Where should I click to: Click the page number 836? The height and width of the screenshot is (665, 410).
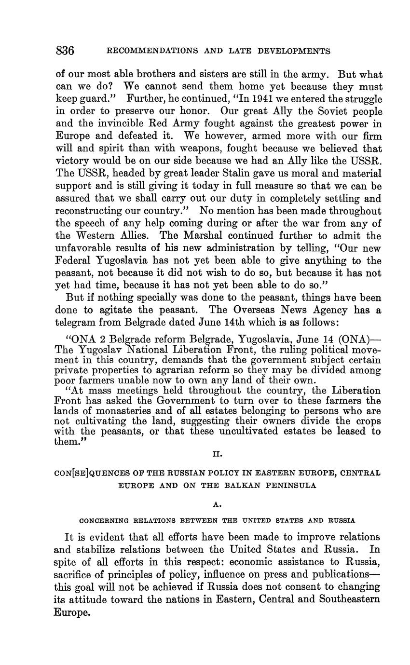[x=65, y=51]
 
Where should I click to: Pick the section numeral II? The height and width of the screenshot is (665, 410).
[x=217, y=454]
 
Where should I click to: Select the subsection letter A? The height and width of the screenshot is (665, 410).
[x=217, y=505]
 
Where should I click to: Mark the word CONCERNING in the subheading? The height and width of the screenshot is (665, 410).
[x=103, y=521]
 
